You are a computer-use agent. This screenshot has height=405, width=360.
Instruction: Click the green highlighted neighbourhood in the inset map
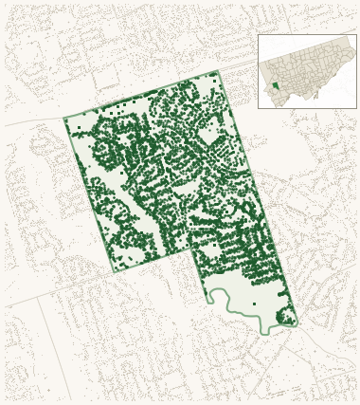coord(276,85)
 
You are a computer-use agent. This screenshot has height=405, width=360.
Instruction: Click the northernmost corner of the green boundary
coord(217,71)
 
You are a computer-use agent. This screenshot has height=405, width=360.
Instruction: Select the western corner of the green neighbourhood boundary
coord(64,119)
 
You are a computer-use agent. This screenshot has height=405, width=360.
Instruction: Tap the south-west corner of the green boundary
coord(115,272)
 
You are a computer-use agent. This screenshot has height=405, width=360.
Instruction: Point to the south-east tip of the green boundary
coord(297,323)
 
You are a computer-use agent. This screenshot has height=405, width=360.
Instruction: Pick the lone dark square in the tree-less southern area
coord(254,304)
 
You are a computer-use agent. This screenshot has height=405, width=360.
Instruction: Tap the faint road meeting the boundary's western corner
coord(33,122)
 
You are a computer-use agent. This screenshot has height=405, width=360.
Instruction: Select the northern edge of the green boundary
coord(142,95)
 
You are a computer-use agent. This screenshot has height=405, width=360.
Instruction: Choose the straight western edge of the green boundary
coord(89,194)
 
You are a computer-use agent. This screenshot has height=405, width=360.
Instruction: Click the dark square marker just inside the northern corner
coord(214,81)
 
